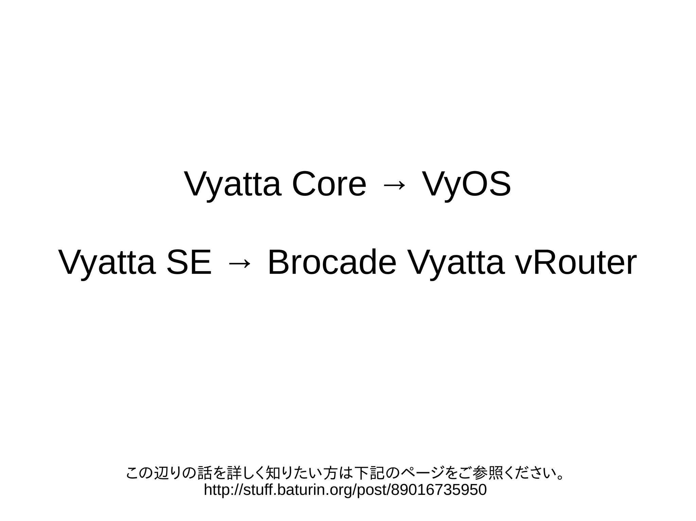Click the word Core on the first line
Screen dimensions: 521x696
pos(329,185)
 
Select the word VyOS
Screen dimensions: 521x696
pos(466,185)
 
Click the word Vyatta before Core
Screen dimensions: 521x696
pos(233,185)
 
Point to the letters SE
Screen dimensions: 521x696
pos(189,263)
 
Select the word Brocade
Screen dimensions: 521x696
pos(332,263)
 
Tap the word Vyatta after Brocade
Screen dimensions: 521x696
pos(456,263)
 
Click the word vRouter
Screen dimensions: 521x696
pos(576,263)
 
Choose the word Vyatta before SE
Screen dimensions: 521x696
pos(107,263)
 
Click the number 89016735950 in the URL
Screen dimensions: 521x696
pos(439,490)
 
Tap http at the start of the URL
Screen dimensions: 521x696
pos(215,490)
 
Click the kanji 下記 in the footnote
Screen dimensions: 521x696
pos(368,473)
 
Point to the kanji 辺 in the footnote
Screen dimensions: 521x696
pos(161,473)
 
